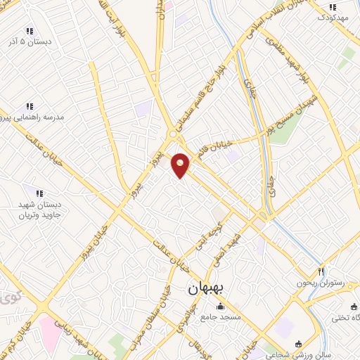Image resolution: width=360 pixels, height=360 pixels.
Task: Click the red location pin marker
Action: tap(181, 165)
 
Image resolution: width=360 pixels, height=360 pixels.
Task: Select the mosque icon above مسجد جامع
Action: tap(220, 306)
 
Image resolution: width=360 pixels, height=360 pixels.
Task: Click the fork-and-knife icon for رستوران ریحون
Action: tap(320, 271)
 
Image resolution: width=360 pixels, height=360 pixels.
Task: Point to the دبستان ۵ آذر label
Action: tap(29, 42)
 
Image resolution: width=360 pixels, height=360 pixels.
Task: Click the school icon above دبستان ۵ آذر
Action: tap(29, 31)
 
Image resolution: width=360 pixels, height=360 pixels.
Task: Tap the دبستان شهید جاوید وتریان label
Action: tap(40, 209)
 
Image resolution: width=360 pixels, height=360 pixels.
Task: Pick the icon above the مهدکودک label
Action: tap(333, 7)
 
